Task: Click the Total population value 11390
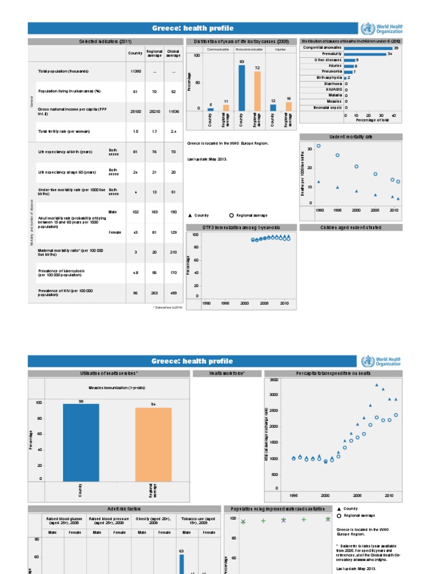click(x=135, y=71)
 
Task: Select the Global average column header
click(x=173, y=53)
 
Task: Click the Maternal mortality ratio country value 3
click(x=135, y=252)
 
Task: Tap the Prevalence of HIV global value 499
click(x=173, y=293)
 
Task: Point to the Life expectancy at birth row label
click(x=65, y=152)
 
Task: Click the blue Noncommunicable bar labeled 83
click(x=242, y=88)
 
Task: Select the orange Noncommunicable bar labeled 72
click(x=258, y=91)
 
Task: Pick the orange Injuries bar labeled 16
click(x=288, y=106)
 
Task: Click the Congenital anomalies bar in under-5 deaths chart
click(x=368, y=48)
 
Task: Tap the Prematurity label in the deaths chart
click(x=332, y=54)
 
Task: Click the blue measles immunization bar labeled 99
click(x=81, y=442)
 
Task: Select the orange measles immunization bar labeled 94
click(x=153, y=445)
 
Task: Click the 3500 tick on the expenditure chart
click(x=273, y=380)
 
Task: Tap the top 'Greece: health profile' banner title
click(x=192, y=29)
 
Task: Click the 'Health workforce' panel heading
click(x=227, y=373)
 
